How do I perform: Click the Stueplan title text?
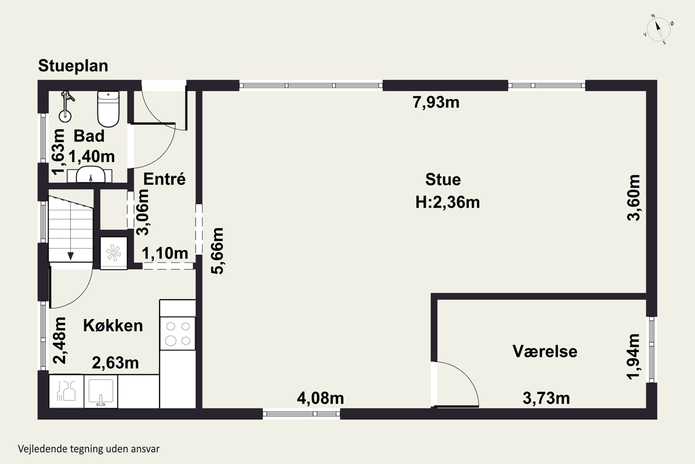pos(73,66)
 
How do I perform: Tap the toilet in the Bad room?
pos(108,109)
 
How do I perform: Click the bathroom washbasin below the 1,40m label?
pos(90,175)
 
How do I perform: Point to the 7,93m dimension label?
pos(436,102)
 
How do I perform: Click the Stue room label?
pos(443,180)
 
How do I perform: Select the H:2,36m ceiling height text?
pos(447,202)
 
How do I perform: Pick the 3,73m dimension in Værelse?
pos(546,398)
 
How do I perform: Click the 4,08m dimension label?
pos(320,398)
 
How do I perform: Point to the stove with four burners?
pos(177,334)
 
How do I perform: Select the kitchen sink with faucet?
pos(101,391)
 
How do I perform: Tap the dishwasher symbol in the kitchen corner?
pos(66,391)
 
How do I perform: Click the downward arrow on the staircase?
pos(70,256)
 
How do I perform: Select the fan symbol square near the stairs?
pos(114,253)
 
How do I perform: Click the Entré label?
pos(164,179)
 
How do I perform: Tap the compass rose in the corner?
pos(658,29)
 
